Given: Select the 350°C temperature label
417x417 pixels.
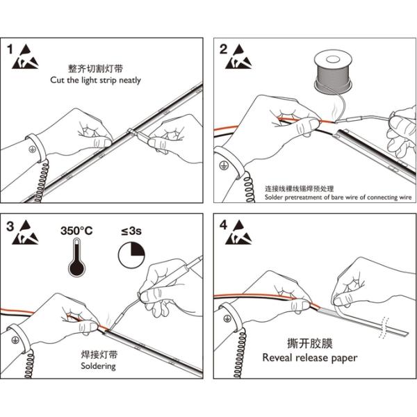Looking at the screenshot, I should click(78, 230).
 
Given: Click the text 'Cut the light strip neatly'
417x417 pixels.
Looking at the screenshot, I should click(95, 80).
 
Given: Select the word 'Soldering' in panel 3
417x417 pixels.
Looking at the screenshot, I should click(98, 366).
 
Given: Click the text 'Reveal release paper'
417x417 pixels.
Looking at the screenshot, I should click(310, 358).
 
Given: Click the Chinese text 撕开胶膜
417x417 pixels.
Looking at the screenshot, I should click(309, 343).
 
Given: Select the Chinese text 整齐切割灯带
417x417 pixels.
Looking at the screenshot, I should click(95, 69).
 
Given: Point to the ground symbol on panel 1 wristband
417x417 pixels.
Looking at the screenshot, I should click(32, 148).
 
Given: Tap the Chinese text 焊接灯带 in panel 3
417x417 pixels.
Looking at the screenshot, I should click(98, 354).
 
